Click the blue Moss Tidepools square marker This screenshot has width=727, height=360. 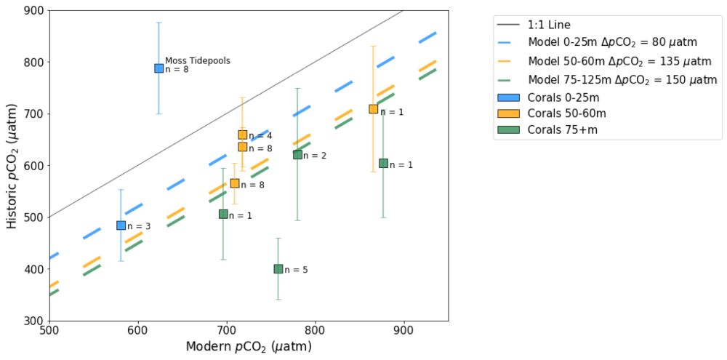[x=158, y=68]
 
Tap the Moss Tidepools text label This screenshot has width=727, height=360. [x=197, y=61]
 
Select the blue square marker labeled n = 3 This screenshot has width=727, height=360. [x=121, y=225]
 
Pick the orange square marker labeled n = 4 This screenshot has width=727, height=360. [x=243, y=135]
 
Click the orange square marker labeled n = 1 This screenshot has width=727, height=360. [x=374, y=109]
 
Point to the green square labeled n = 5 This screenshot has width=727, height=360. [x=278, y=269]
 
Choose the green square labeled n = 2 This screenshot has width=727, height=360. [x=297, y=154]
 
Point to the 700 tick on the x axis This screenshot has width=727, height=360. [x=227, y=321]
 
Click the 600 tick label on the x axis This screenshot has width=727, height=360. [x=138, y=329]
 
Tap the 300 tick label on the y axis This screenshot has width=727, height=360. [x=33, y=321]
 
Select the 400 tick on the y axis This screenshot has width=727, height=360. [x=49, y=269]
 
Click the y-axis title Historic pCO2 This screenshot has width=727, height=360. [x=12, y=166]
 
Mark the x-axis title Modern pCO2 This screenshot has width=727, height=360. [x=249, y=346]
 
